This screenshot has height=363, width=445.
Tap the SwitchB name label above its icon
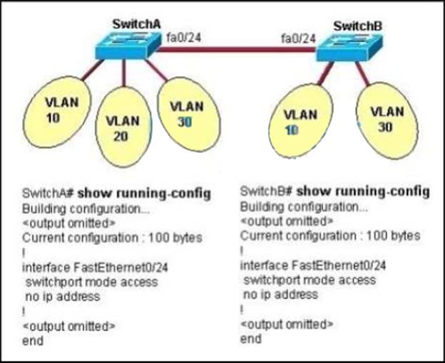[x=358, y=26]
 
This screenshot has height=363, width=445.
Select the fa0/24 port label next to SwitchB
[x=298, y=38]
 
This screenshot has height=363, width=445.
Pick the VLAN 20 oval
[x=122, y=128]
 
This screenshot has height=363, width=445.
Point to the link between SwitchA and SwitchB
[x=239, y=49]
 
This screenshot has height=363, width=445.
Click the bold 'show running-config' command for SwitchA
[x=133, y=193]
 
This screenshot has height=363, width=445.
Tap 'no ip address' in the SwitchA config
[x=60, y=295]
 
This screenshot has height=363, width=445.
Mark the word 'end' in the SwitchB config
[x=250, y=339]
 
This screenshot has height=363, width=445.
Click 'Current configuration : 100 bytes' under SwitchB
[x=330, y=236]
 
